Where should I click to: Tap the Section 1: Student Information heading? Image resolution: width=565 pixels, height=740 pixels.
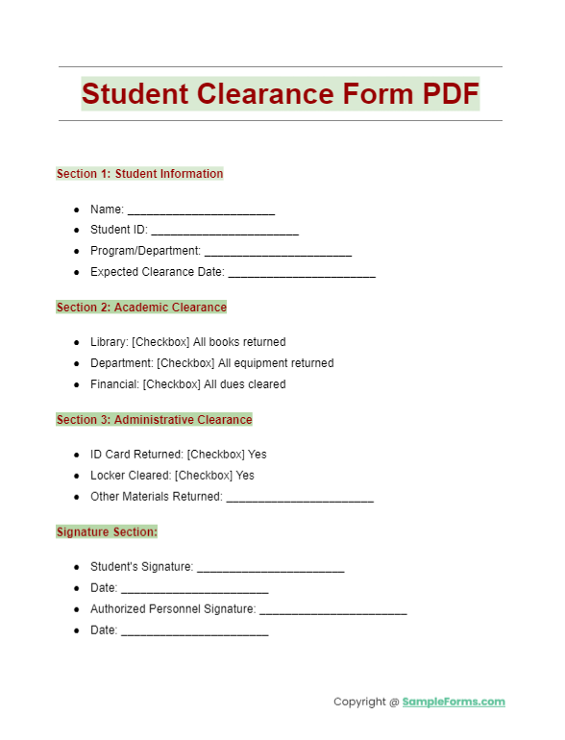(139, 174)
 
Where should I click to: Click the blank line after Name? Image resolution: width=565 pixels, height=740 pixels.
(201, 210)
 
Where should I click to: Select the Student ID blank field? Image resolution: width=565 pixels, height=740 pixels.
(225, 231)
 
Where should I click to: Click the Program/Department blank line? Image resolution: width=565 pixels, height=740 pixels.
(278, 252)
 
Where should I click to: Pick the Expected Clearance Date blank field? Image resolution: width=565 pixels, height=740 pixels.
(302, 273)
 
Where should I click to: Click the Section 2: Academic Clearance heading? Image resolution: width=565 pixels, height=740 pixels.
(141, 308)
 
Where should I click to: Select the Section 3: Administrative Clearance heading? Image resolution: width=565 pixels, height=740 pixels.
(154, 420)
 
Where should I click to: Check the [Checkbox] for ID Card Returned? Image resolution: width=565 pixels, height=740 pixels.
(216, 455)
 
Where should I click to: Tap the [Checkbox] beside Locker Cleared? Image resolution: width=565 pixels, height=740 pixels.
(204, 476)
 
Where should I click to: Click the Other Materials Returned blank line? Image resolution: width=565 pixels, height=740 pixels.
(300, 498)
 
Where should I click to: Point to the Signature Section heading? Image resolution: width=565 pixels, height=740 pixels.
(107, 531)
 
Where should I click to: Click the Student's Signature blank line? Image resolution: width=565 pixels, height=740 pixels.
(270, 568)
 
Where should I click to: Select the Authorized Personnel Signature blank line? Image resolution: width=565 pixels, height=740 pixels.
(332, 610)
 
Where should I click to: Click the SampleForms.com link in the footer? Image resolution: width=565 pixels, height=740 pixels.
(454, 702)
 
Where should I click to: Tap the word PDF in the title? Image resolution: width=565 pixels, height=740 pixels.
(437, 94)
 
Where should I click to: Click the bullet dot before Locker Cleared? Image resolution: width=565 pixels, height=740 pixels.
(77, 476)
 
